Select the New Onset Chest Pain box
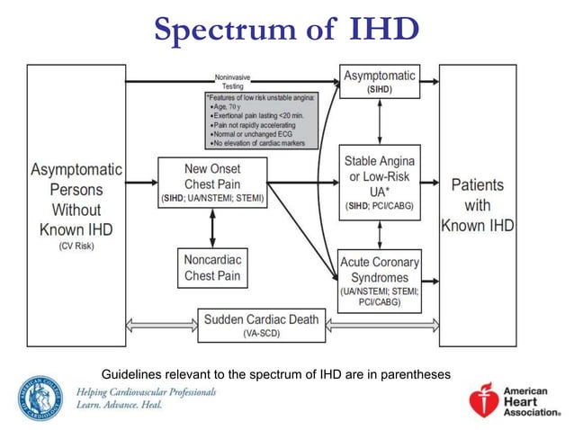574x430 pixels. (x=212, y=183)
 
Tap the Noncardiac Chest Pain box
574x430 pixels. (x=212, y=267)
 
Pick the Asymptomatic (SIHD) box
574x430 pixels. (x=379, y=82)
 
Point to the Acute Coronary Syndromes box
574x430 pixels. (x=379, y=280)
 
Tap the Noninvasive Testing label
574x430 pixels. (x=233, y=81)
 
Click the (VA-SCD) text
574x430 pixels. (x=260, y=333)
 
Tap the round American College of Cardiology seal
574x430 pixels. (x=39, y=398)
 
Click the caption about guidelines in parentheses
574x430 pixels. (x=275, y=372)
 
